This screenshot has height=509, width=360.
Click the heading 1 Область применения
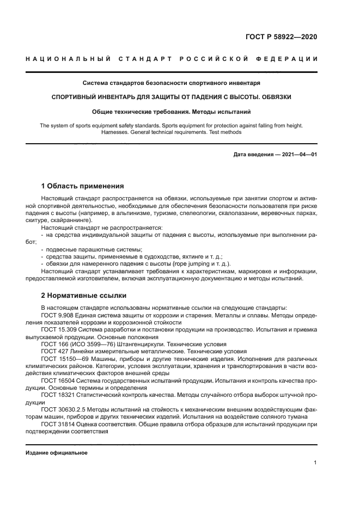pos(82,186)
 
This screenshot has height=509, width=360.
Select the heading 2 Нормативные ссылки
pos(84,296)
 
